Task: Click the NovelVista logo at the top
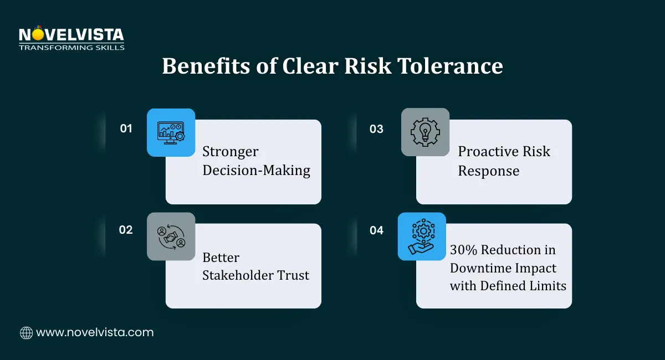[x=71, y=38]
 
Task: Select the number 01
[x=126, y=128]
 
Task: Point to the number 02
[x=126, y=230]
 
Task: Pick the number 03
[x=376, y=129]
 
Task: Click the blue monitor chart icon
[x=171, y=132]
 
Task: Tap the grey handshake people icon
[x=171, y=236]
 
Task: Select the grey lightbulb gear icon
[x=425, y=132]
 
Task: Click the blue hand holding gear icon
[x=422, y=236]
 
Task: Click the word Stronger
[x=231, y=151]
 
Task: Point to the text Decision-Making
[x=256, y=170]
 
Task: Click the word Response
[x=488, y=170]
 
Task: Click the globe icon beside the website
[x=26, y=332]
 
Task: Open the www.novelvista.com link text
[x=95, y=332]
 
